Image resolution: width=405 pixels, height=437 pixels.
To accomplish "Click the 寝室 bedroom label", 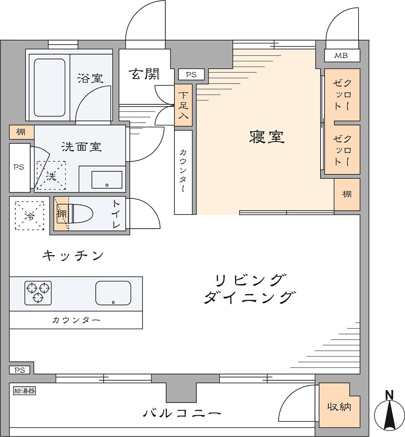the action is tap(266, 137).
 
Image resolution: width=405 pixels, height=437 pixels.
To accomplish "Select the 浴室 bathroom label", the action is tap(90, 78).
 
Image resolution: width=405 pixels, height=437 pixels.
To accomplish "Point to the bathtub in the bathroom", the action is tap(49, 87).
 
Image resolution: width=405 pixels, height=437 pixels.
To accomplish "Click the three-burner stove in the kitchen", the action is tap(38, 293).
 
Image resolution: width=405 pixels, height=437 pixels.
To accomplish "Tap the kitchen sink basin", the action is tap(113, 293).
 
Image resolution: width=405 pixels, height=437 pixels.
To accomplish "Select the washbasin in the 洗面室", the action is tap(107, 180).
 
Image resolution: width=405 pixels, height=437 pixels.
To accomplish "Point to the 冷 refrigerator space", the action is tap(30, 216).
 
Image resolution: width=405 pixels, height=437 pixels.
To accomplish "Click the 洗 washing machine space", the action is tap(51, 176).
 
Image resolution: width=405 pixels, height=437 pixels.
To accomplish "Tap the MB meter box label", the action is tap(342, 55).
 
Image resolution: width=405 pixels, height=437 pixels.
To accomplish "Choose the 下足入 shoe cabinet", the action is tap(183, 105).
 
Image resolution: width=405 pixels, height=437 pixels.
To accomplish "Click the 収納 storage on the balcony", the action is tap(339, 406).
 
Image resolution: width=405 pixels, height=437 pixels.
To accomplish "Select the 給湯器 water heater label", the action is tap(24, 391).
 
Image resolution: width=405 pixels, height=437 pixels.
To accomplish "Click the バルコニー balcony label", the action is tap(182, 413).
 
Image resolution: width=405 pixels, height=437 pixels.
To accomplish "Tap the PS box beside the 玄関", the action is tap(191, 75).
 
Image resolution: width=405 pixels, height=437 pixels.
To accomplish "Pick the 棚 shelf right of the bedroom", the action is tap(347, 194).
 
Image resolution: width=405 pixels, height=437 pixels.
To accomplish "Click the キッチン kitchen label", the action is tap(73, 255).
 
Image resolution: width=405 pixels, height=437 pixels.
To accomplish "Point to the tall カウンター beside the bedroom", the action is tap(183, 172).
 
